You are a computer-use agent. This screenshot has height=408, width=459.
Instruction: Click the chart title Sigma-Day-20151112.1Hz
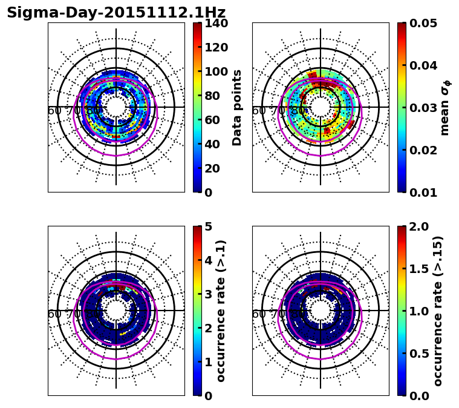click(x=116, y=13)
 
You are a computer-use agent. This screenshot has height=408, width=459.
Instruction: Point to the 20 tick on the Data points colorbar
click(x=216, y=168)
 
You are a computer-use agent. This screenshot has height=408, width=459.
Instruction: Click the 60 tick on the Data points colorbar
click(x=216, y=120)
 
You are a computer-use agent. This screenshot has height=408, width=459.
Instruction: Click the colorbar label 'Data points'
click(x=237, y=108)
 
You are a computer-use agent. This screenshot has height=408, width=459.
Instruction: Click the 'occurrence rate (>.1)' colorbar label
click(x=221, y=311)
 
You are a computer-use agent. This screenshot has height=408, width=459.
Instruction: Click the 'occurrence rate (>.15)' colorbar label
click(x=438, y=311)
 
